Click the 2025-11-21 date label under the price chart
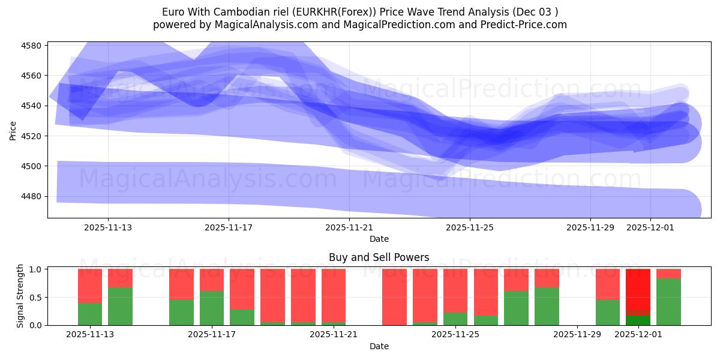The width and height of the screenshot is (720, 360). (x=349, y=227)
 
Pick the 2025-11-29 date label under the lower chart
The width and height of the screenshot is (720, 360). (x=577, y=334)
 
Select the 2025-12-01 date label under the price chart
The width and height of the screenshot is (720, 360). (x=650, y=227)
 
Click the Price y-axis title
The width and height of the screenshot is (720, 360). (x=13, y=130)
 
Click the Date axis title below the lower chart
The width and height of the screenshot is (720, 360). (x=379, y=346)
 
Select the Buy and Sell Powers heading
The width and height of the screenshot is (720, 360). (x=379, y=257)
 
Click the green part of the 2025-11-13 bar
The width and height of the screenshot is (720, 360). (x=90, y=314)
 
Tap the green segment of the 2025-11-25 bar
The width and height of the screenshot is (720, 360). (x=455, y=319)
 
